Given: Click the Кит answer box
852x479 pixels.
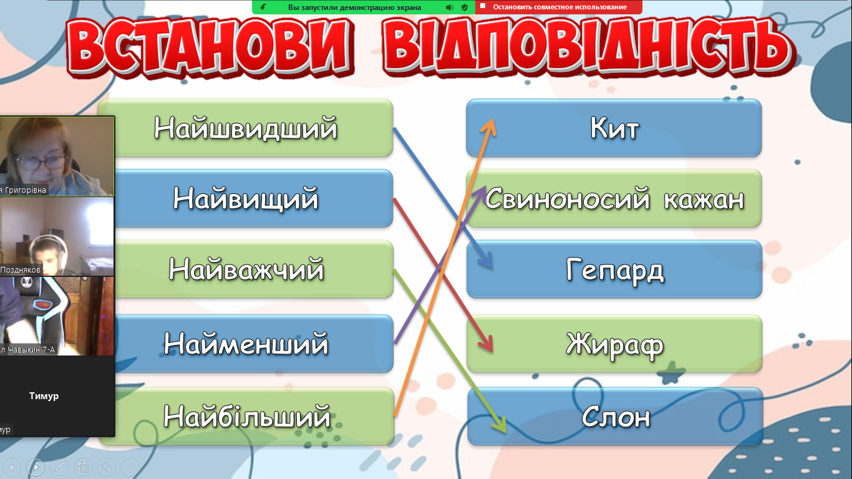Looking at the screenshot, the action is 614,128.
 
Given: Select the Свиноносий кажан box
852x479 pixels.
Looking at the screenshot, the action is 614,198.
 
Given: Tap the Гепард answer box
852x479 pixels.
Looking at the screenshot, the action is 614,269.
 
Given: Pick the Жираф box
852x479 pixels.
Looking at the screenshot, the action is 614,344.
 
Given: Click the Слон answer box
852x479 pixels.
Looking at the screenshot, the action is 615,416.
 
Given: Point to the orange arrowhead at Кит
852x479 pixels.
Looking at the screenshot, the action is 489,127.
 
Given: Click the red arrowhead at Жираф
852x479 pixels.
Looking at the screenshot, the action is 487,344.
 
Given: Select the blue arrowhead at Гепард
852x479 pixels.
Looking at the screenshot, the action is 487,260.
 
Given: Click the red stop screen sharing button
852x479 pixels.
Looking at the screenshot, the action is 559,7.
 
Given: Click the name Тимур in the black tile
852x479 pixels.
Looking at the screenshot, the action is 44,396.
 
